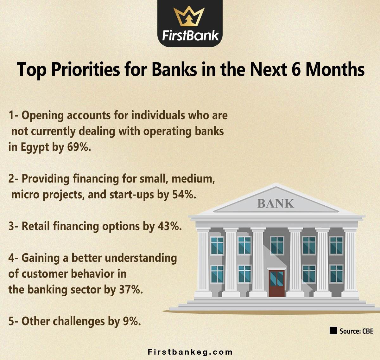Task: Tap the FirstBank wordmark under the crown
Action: point(190,35)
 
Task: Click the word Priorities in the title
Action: point(85,70)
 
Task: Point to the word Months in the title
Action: point(335,70)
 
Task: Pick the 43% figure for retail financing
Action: point(170,226)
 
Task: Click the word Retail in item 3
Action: point(36,226)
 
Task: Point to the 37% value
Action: point(131,290)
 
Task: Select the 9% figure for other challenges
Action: point(132,321)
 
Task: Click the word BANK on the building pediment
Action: point(275,203)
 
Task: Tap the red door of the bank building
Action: point(277,283)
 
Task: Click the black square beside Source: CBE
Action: point(333,331)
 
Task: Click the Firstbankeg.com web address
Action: point(190,352)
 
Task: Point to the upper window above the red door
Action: point(277,245)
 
